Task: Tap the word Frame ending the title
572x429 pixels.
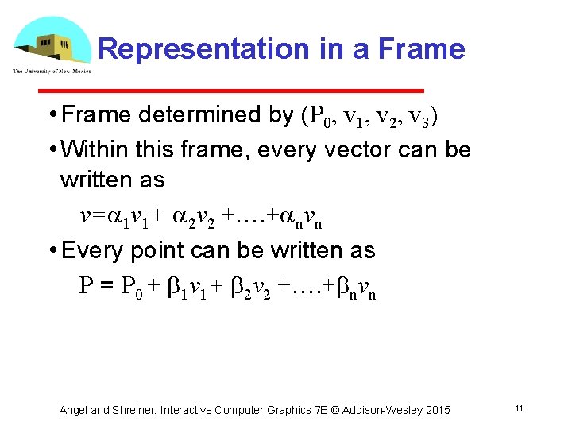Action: click(x=422, y=49)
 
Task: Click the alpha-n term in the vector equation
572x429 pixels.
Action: click(x=303, y=217)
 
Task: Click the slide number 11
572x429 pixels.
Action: click(x=518, y=408)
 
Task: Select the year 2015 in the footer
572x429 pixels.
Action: click(x=436, y=410)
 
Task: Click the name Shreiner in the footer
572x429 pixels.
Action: click(x=134, y=410)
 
